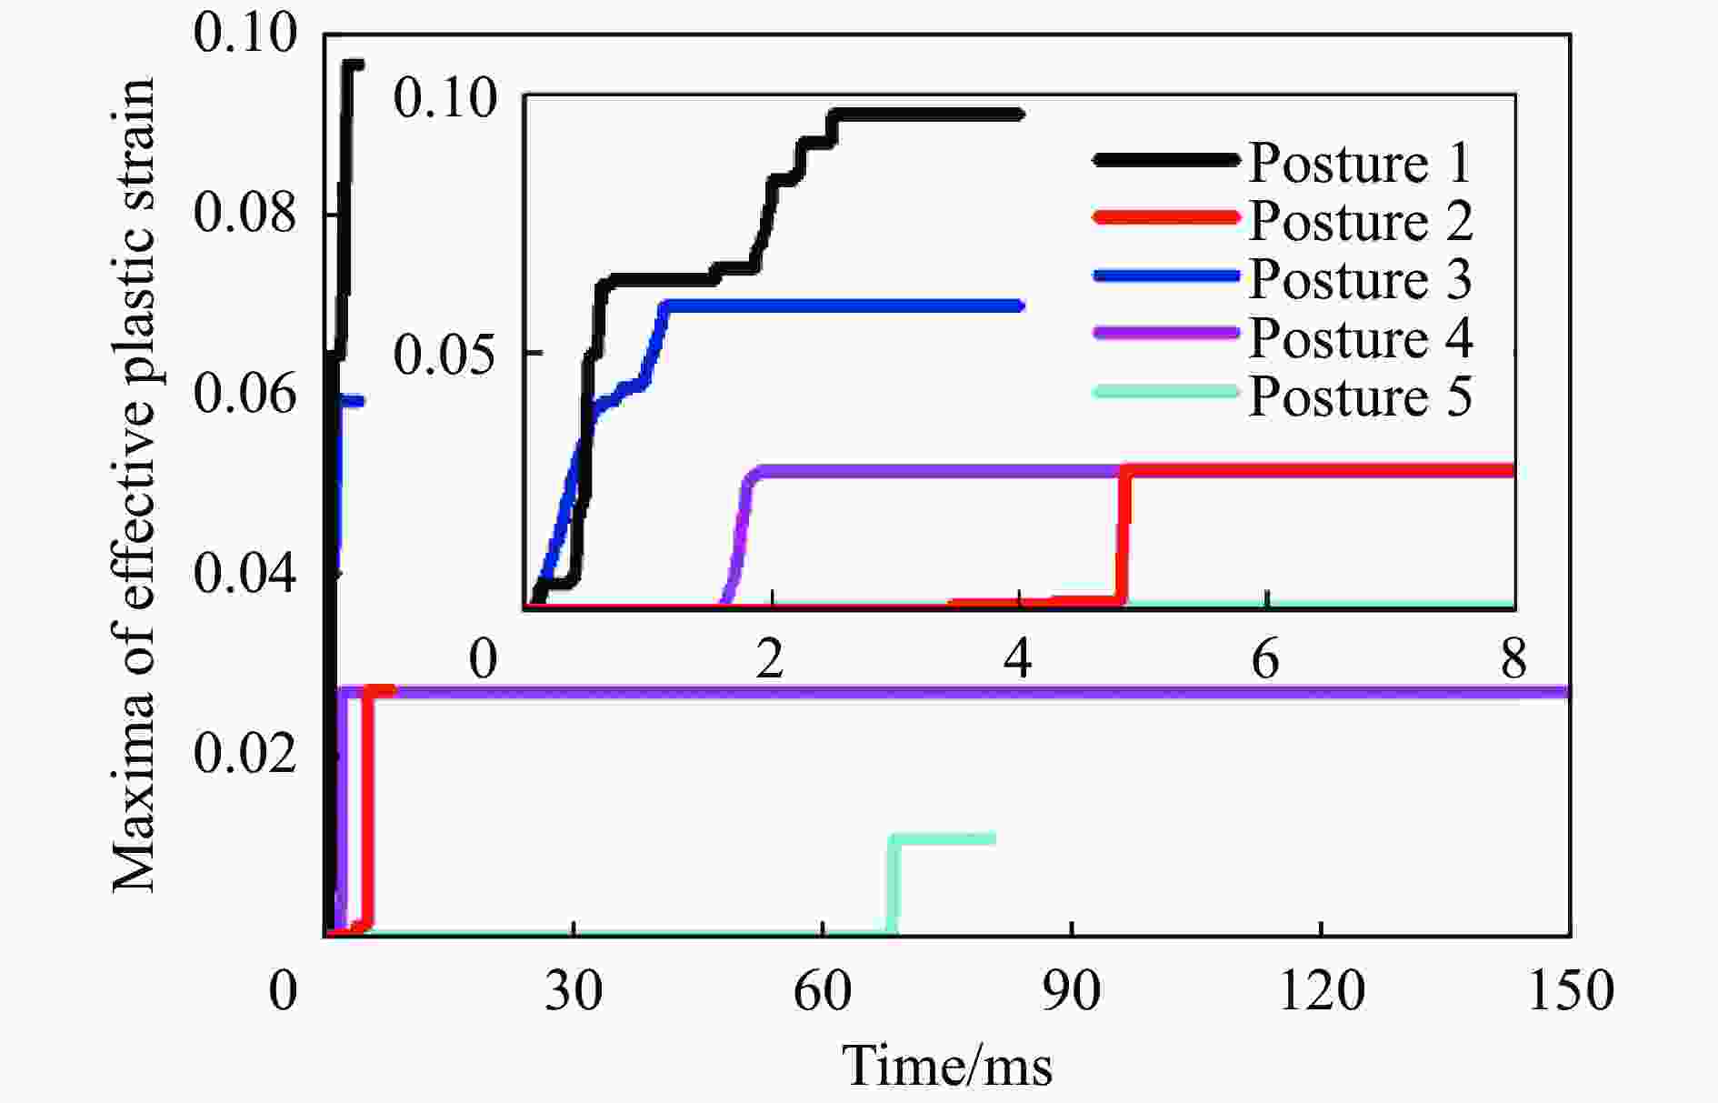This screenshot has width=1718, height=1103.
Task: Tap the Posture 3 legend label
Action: tap(1360, 279)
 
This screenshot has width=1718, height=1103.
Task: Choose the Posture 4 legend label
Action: tap(1360, 338)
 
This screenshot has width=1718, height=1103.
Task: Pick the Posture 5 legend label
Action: tap(1360, 396)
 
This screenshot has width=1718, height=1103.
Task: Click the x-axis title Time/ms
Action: tap(947, 1066)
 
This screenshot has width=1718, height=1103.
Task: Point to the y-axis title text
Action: tap(135, 485)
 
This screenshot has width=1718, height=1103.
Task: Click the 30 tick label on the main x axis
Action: tap(574, 990)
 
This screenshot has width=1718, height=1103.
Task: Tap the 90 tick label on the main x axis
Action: tap(1072, 990)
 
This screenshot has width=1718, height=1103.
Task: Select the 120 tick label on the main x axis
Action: tap(1321, 990)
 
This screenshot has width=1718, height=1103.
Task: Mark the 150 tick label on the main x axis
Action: tap(1571, 990)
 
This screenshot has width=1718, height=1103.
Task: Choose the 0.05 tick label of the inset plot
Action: tap(444, 353)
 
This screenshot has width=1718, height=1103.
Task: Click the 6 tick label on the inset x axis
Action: tap(1266, 659)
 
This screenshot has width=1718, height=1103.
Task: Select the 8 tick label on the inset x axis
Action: tap(1513, 659)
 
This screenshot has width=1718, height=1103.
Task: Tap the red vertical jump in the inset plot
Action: tap(1124, 536)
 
